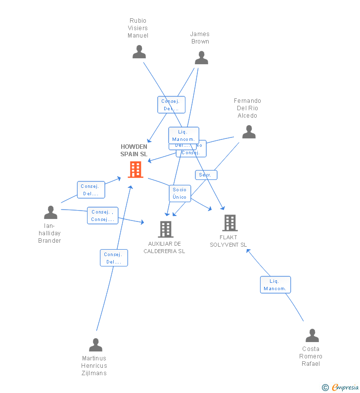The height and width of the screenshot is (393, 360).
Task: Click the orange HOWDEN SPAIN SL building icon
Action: tap(135, 170)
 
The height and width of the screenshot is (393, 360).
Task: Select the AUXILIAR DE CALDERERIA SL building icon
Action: tap(165, 229)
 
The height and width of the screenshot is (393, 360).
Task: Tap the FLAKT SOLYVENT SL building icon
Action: tap(229, 223)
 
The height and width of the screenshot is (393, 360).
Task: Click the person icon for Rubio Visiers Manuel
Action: tap(139, 52)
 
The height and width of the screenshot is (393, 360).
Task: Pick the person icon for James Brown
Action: tap(201, 58)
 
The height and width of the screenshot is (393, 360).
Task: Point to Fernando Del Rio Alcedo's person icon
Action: tap(249, 131)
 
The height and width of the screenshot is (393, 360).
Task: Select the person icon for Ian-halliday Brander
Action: tap(50, 212)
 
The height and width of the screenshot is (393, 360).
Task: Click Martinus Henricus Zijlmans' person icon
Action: tap(95, 345)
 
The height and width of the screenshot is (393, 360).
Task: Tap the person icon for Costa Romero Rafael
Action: tap(312, 336)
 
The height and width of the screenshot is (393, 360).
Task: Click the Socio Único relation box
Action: tap(180, 193)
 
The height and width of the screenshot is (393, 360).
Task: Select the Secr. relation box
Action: tap(206, 175)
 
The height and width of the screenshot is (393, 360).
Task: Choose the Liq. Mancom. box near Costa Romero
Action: tap(275, 285)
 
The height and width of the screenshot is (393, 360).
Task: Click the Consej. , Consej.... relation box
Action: tap(102, 216)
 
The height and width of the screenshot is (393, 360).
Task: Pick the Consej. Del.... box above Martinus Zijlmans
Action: tap(114, 258)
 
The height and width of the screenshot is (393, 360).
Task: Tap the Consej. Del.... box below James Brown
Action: tap(171, 105)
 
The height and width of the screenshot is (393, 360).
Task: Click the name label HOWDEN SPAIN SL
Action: tap(134, 150)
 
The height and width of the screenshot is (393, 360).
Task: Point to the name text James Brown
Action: tap(200, 38)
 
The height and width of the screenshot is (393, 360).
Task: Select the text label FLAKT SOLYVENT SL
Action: tap(228, 241)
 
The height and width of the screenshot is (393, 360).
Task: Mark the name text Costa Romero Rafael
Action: tap(311, 356)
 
